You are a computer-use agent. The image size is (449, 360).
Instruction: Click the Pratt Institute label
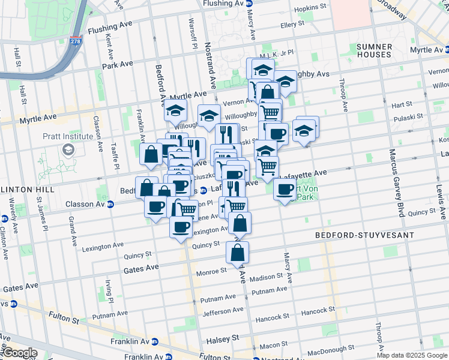[x=68, y=136]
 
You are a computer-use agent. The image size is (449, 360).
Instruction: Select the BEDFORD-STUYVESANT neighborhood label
[x=355, y=236]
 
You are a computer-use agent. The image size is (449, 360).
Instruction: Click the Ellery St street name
[x=293, y=25]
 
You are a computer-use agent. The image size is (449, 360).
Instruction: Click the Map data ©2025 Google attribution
[x=412, y=355]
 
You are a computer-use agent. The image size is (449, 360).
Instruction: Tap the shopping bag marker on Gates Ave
[x=237, y=252]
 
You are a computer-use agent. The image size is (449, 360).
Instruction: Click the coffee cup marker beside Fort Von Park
[x=285, y=190]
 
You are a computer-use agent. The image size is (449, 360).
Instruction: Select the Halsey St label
[x=224, y=338]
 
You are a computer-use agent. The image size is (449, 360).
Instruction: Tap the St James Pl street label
[x=40, y=211]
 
